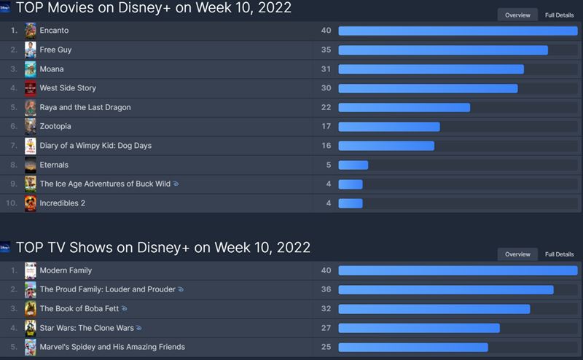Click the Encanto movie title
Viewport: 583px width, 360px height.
click(54, 31)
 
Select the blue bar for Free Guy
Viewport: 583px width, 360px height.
click(443, 50)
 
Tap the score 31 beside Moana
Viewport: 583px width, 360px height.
click(326, 69)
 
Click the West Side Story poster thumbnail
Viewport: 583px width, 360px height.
click(31, 88)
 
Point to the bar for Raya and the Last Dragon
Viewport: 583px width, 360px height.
click(404, 107)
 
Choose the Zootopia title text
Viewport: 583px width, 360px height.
click(55, 126)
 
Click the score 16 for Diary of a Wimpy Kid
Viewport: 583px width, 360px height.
click(326, 146)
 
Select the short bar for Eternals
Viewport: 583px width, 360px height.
click(353, 165)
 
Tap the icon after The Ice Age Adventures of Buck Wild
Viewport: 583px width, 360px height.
click(176, 184)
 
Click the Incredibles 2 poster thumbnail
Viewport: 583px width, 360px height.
click(31, 203)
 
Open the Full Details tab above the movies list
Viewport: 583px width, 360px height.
click(559, 15)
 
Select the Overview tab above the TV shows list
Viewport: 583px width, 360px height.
click(517, 254)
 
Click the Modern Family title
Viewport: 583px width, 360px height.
click(66, 270)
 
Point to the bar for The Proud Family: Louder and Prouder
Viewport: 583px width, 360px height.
click(445, 289)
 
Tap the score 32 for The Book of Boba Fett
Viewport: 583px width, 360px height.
click(326, 308)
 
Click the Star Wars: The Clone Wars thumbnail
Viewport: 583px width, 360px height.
click(31, 328)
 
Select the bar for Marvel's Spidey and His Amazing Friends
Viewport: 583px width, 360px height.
click(412, 347)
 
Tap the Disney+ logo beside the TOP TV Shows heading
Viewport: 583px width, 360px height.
click(5, 248)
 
